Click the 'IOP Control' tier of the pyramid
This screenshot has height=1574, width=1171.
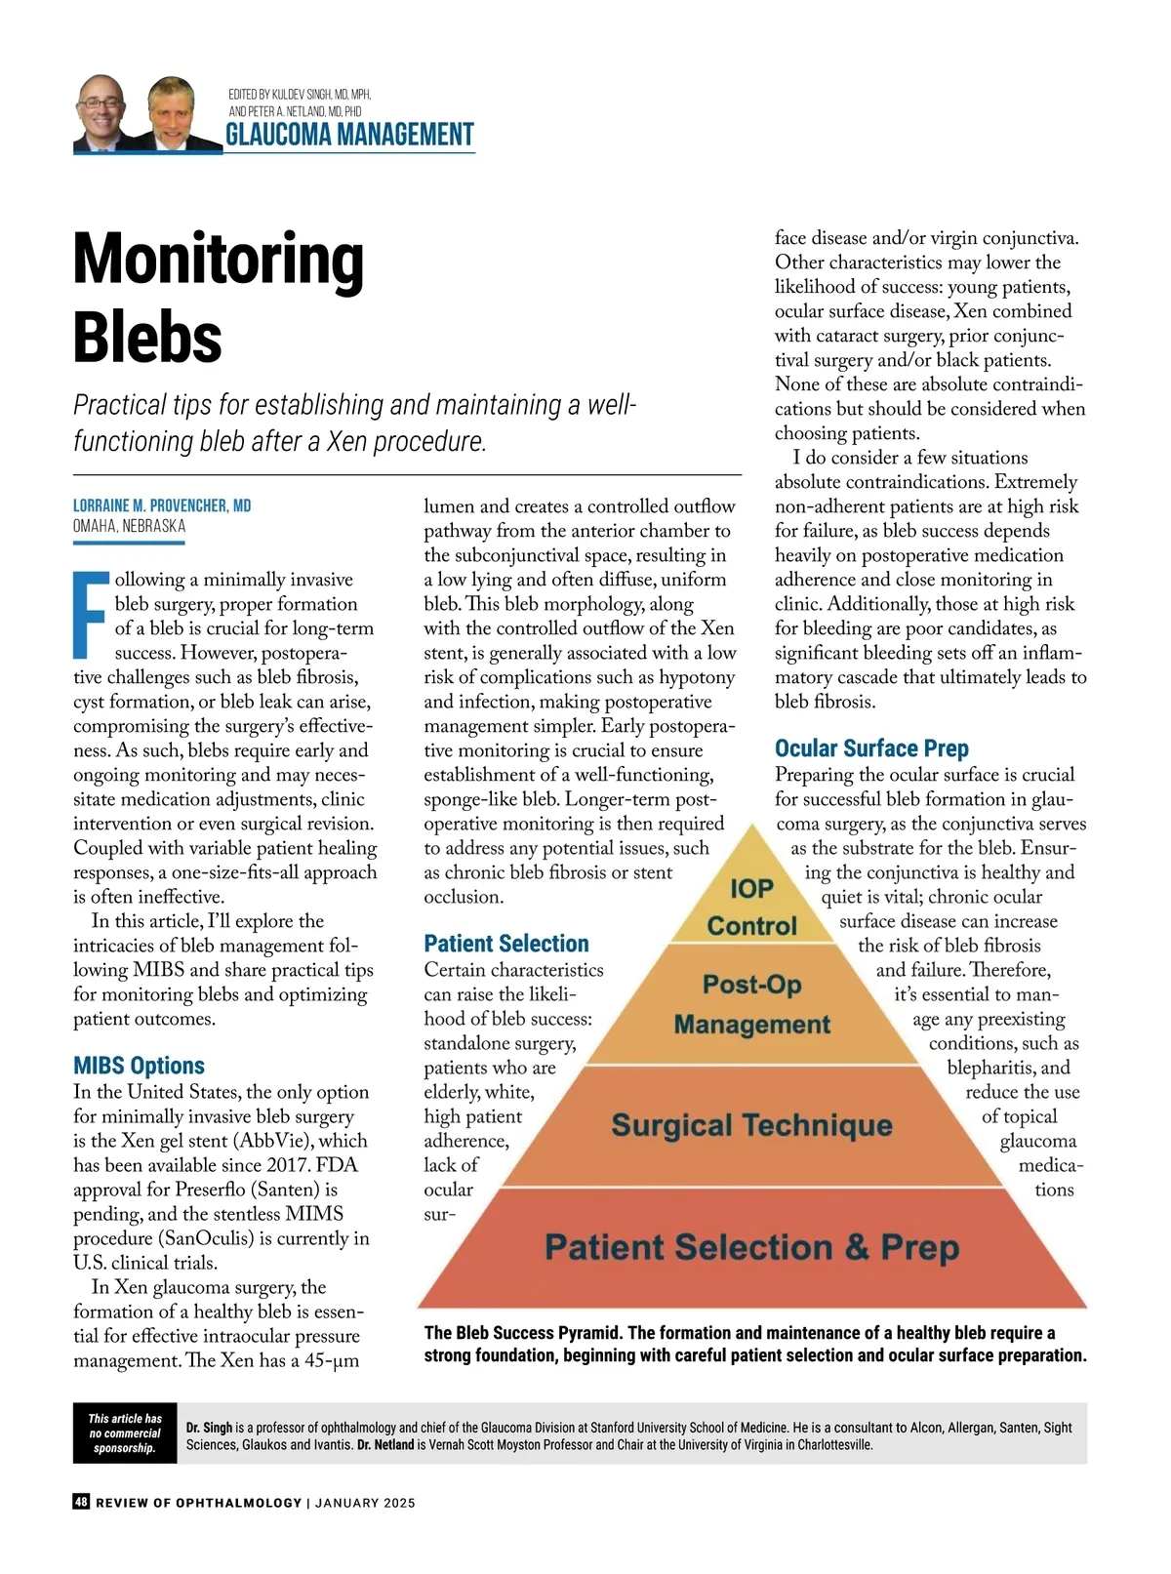pyautogui.click(x=751, y=907)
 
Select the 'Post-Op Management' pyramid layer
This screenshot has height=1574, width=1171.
pyautogui.click(x=751, y=1003)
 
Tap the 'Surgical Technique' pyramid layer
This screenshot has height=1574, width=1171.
pyautogui.click(x=751, y=1125)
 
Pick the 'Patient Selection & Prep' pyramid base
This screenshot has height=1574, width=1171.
pyautogui.click(x=751, y=1247)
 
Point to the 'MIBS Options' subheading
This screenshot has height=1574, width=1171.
pyautogui.click(x=139, y=1066)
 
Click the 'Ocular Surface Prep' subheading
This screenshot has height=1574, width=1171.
pyautogui.click(x=871, y=748)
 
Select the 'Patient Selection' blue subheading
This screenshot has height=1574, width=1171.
pyautogui.click(x=506, y=944)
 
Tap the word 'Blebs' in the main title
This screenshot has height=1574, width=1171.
pyautogui.click(x=147, y=337)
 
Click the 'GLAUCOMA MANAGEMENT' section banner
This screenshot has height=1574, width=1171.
pyautogui.click(x=349, y=135)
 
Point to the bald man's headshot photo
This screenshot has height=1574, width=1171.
pyautogui.click(x=101, y=112)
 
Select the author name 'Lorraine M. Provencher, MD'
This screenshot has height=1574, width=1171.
pyautogui.click(x=162, y=505)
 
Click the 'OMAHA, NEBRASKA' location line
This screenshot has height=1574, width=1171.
pyautogui.click(x=129, y=526)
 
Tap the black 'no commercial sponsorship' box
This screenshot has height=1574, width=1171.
pyautogui.click(x=125, y=1433)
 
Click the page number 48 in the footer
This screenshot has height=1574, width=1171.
pyautogui.click(x=81, y=1502)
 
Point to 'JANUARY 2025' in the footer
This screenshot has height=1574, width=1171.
pyautogui.click(x=365, y=1503)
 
